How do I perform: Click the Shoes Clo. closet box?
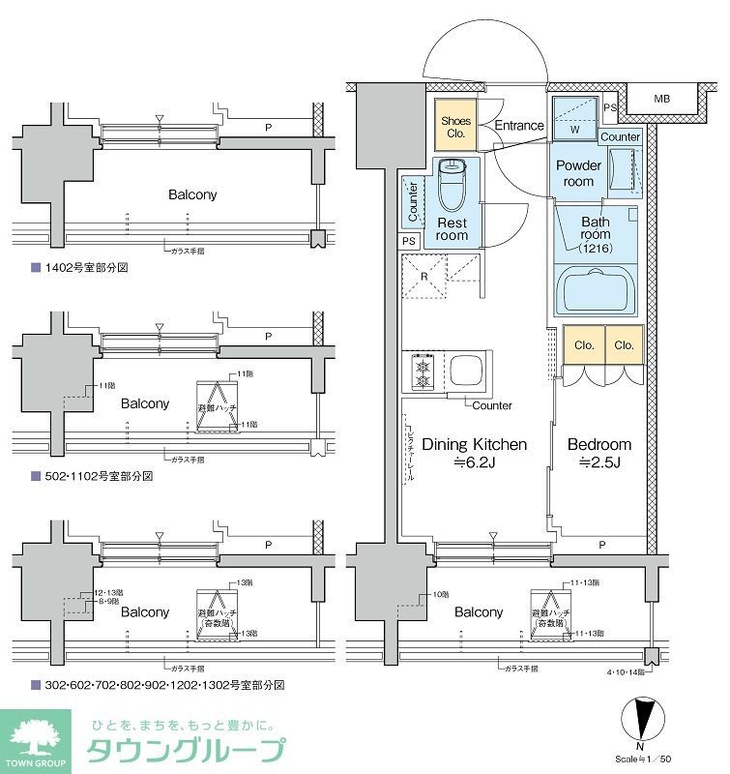455,127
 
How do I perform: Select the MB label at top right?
660,98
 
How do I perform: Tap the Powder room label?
579,173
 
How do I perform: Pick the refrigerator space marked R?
424,276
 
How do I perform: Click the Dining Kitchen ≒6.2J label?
462,453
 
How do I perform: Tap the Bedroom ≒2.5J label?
599,453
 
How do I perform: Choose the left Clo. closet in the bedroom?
584,344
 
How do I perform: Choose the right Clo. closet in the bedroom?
625,344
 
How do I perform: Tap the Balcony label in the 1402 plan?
192,194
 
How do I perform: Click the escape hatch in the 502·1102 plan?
218,402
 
